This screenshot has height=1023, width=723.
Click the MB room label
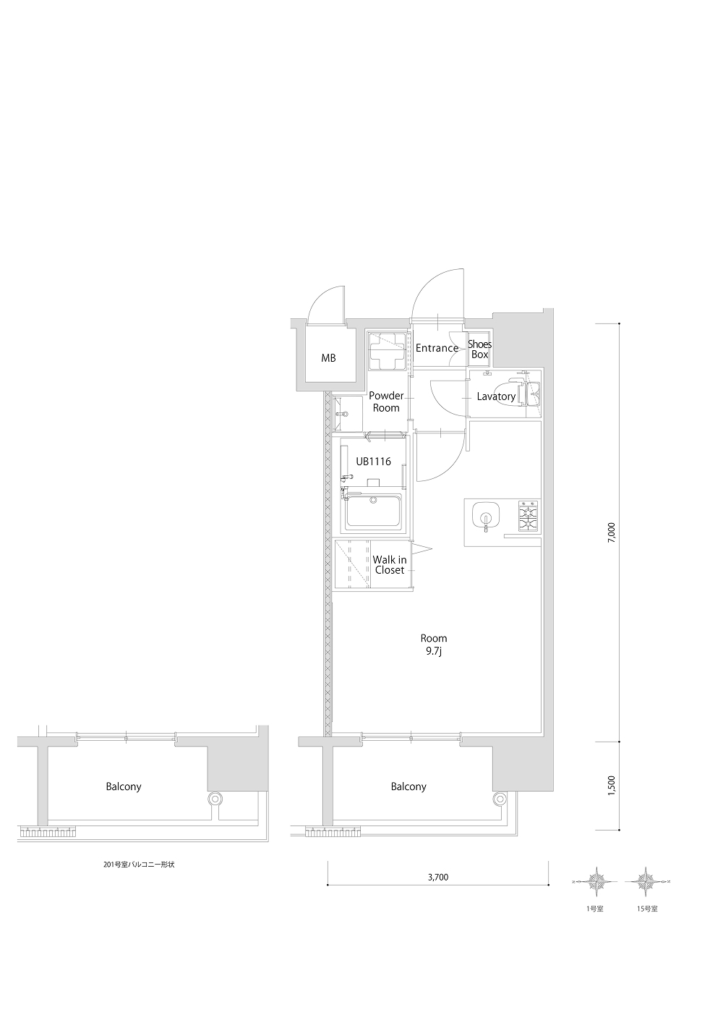(x=328, y=358)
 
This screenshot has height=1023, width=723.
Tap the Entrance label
(x=437, y=348)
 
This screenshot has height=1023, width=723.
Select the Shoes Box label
(x=480, y=349)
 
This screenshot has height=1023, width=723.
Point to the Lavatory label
(x=496, y=396)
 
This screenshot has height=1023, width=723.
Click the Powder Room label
(x=386, y=402)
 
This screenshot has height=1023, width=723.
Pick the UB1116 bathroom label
(x=373, y=462)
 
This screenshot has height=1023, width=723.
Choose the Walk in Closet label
(x=390, y=565)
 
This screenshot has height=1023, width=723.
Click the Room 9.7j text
(x=434, y=645)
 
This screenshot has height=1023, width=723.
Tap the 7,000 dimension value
(x=612, y=532)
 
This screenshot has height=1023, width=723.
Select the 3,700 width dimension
(x=437, y=877)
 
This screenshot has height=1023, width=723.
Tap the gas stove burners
(x=528, y=516)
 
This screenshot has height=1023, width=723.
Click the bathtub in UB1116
(x=373, y=511)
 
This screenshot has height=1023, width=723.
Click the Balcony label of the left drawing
(x=124, y=786)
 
